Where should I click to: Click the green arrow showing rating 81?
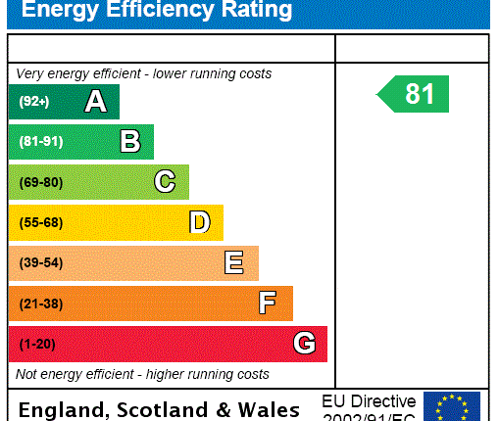pos(414,94)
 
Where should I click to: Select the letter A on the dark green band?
pos(95,102)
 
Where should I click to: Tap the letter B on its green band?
pos(129,142)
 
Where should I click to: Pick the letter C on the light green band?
pos(165,182)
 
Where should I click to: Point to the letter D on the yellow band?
pos(199,222)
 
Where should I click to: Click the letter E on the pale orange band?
pos(233,262)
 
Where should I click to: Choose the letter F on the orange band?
pos(268,304)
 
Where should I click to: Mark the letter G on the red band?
pos(304,344)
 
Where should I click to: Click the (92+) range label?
pos(34,102)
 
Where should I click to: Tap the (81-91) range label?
pos(40,142)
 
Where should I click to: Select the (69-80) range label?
pos(40,182)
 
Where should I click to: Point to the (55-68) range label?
pos(40,222)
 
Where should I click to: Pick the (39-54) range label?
pos(40,263)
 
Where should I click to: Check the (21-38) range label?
pos(40,304)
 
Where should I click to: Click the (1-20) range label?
pos(37,344)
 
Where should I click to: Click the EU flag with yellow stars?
pos(451,405)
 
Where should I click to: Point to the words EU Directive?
pos(369,401)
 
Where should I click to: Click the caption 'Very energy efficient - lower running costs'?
pos(144,74)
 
